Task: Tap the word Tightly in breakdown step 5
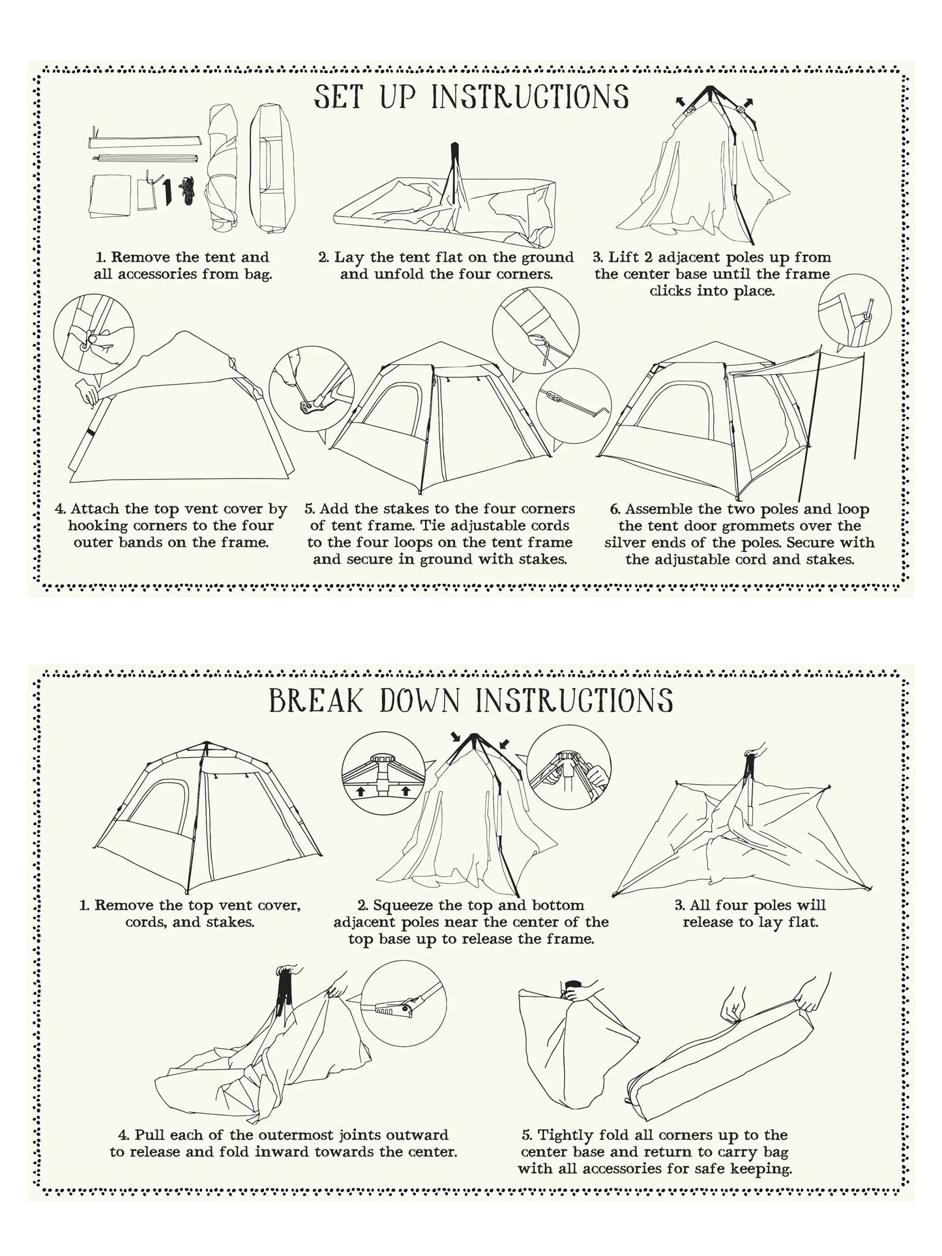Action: tap(563, 1135)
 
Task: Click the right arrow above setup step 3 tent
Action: tap(748, 102)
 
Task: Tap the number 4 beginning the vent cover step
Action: tap(59, 509)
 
